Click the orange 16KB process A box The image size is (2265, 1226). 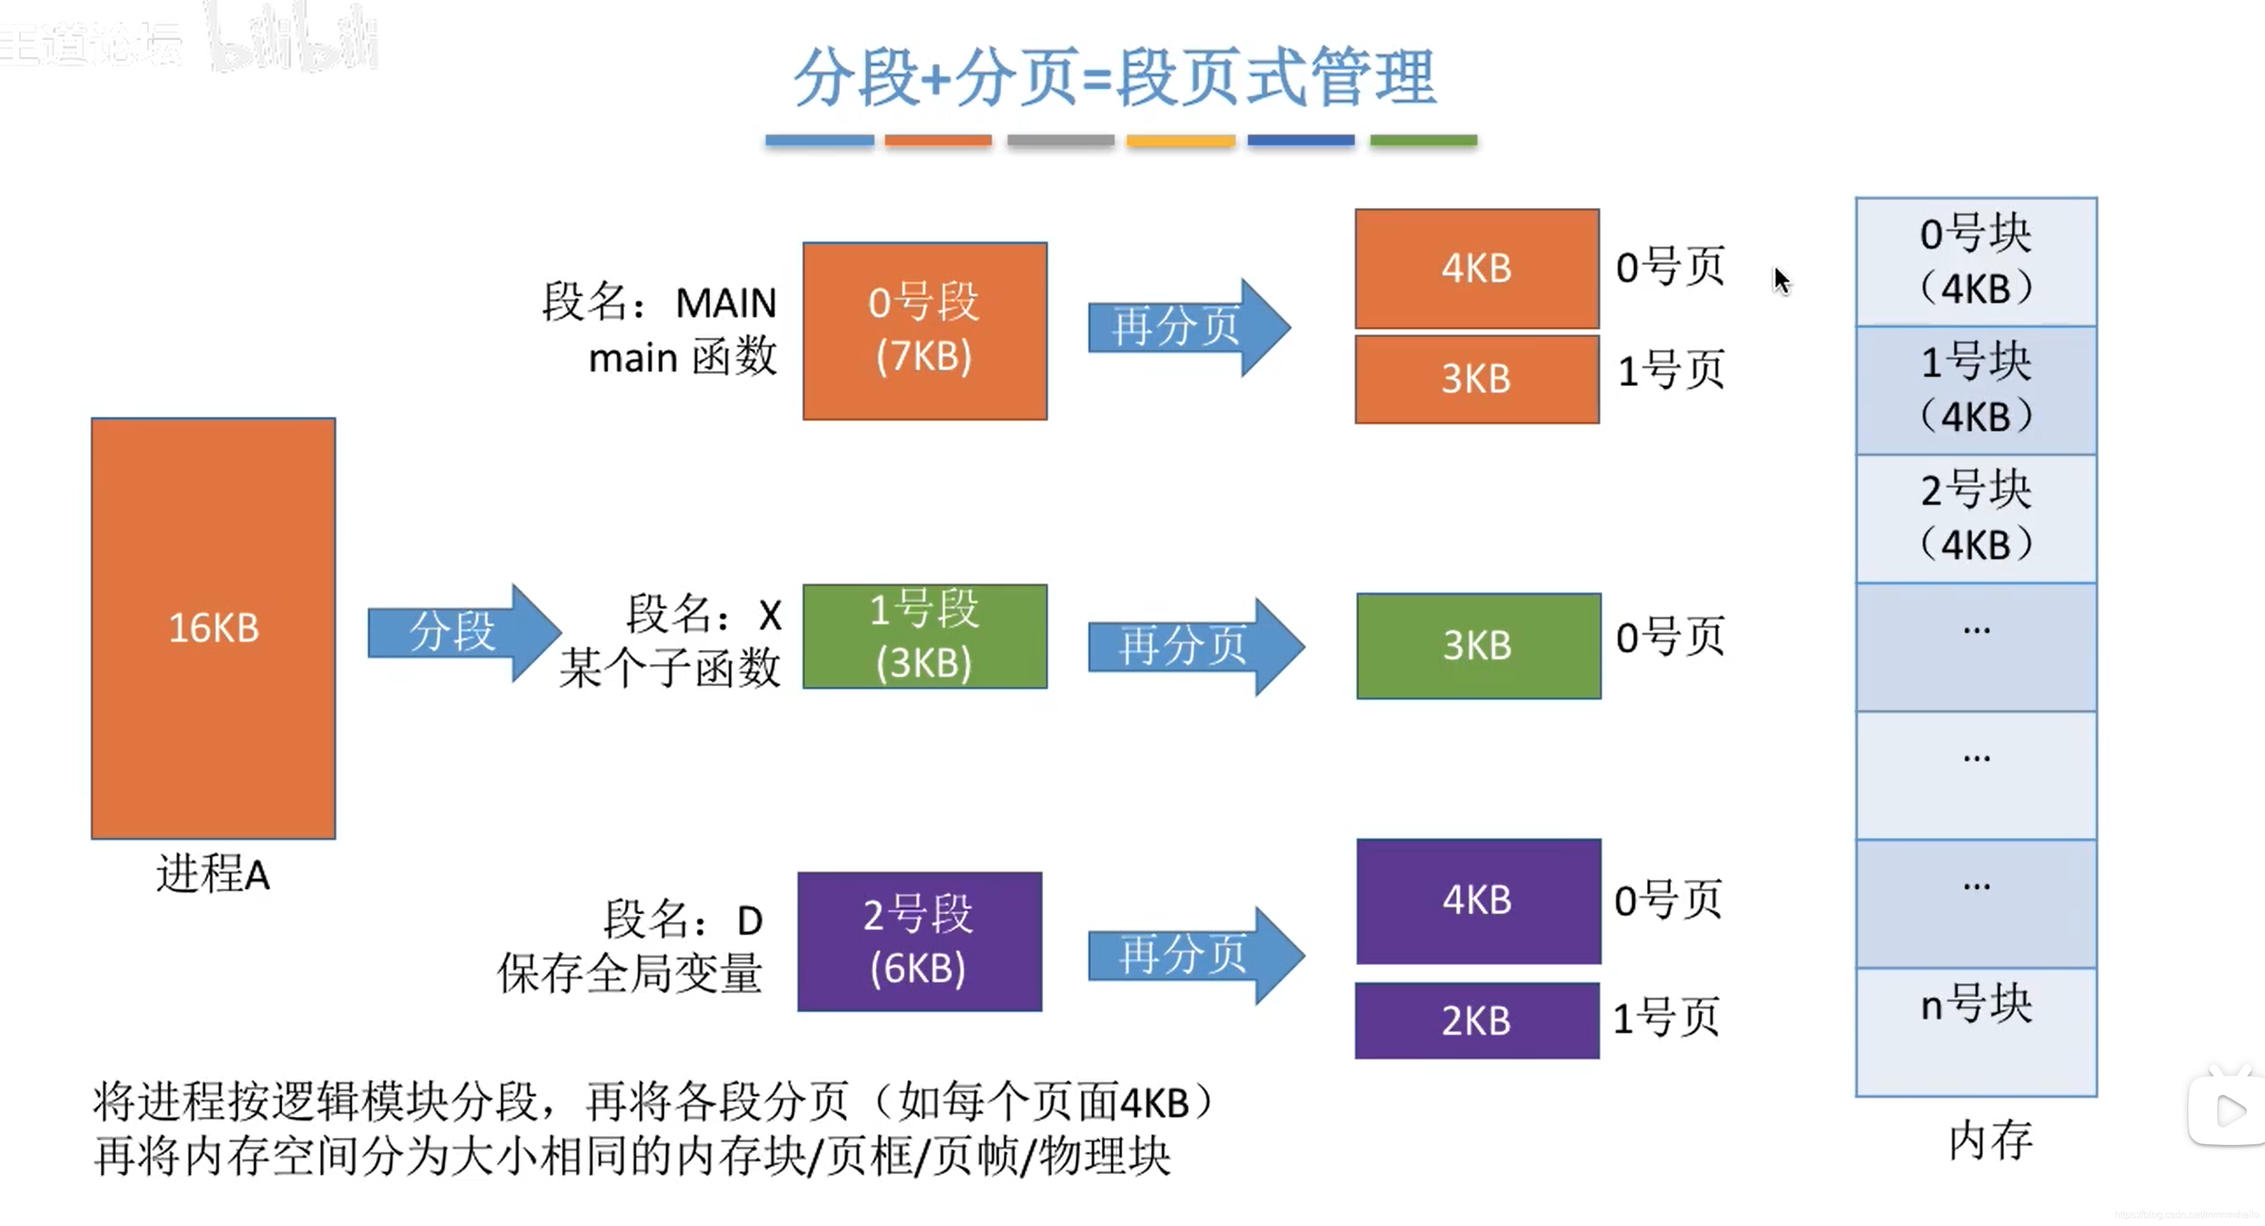coord(214,628)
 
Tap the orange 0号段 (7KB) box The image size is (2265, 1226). coord(924,331)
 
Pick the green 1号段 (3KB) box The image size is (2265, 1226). coord(924,636)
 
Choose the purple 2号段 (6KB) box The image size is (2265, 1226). coord(920,941)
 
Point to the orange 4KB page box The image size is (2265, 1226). coord(1476,268)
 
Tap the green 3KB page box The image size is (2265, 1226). coord(1478,646)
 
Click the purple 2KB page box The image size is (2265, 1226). coord(1476,1020)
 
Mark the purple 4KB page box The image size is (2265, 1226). coord(1478,900)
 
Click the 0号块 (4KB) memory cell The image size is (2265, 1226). coord(1976,261)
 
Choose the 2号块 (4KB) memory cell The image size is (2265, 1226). coord(1976,518)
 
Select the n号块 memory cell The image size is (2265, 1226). coord(1976,1031)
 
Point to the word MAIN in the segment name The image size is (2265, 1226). coord(725,303)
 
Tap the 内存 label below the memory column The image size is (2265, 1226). coord(1990,1141)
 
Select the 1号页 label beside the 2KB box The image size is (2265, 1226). coord(1666,1018)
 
